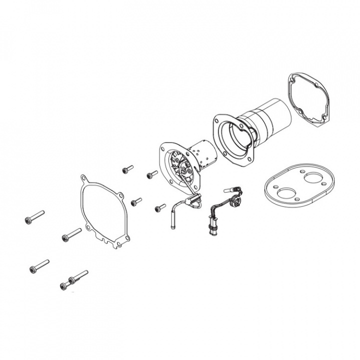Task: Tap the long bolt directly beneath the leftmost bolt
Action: tap(39, 265)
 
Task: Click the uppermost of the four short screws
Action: tap(127, 169)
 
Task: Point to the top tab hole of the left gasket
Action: tap(83, 177)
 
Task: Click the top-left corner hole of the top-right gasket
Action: tap(292, 78)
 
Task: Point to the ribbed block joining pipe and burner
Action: tap(192, 200)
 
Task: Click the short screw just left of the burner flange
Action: tap(151, 174)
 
